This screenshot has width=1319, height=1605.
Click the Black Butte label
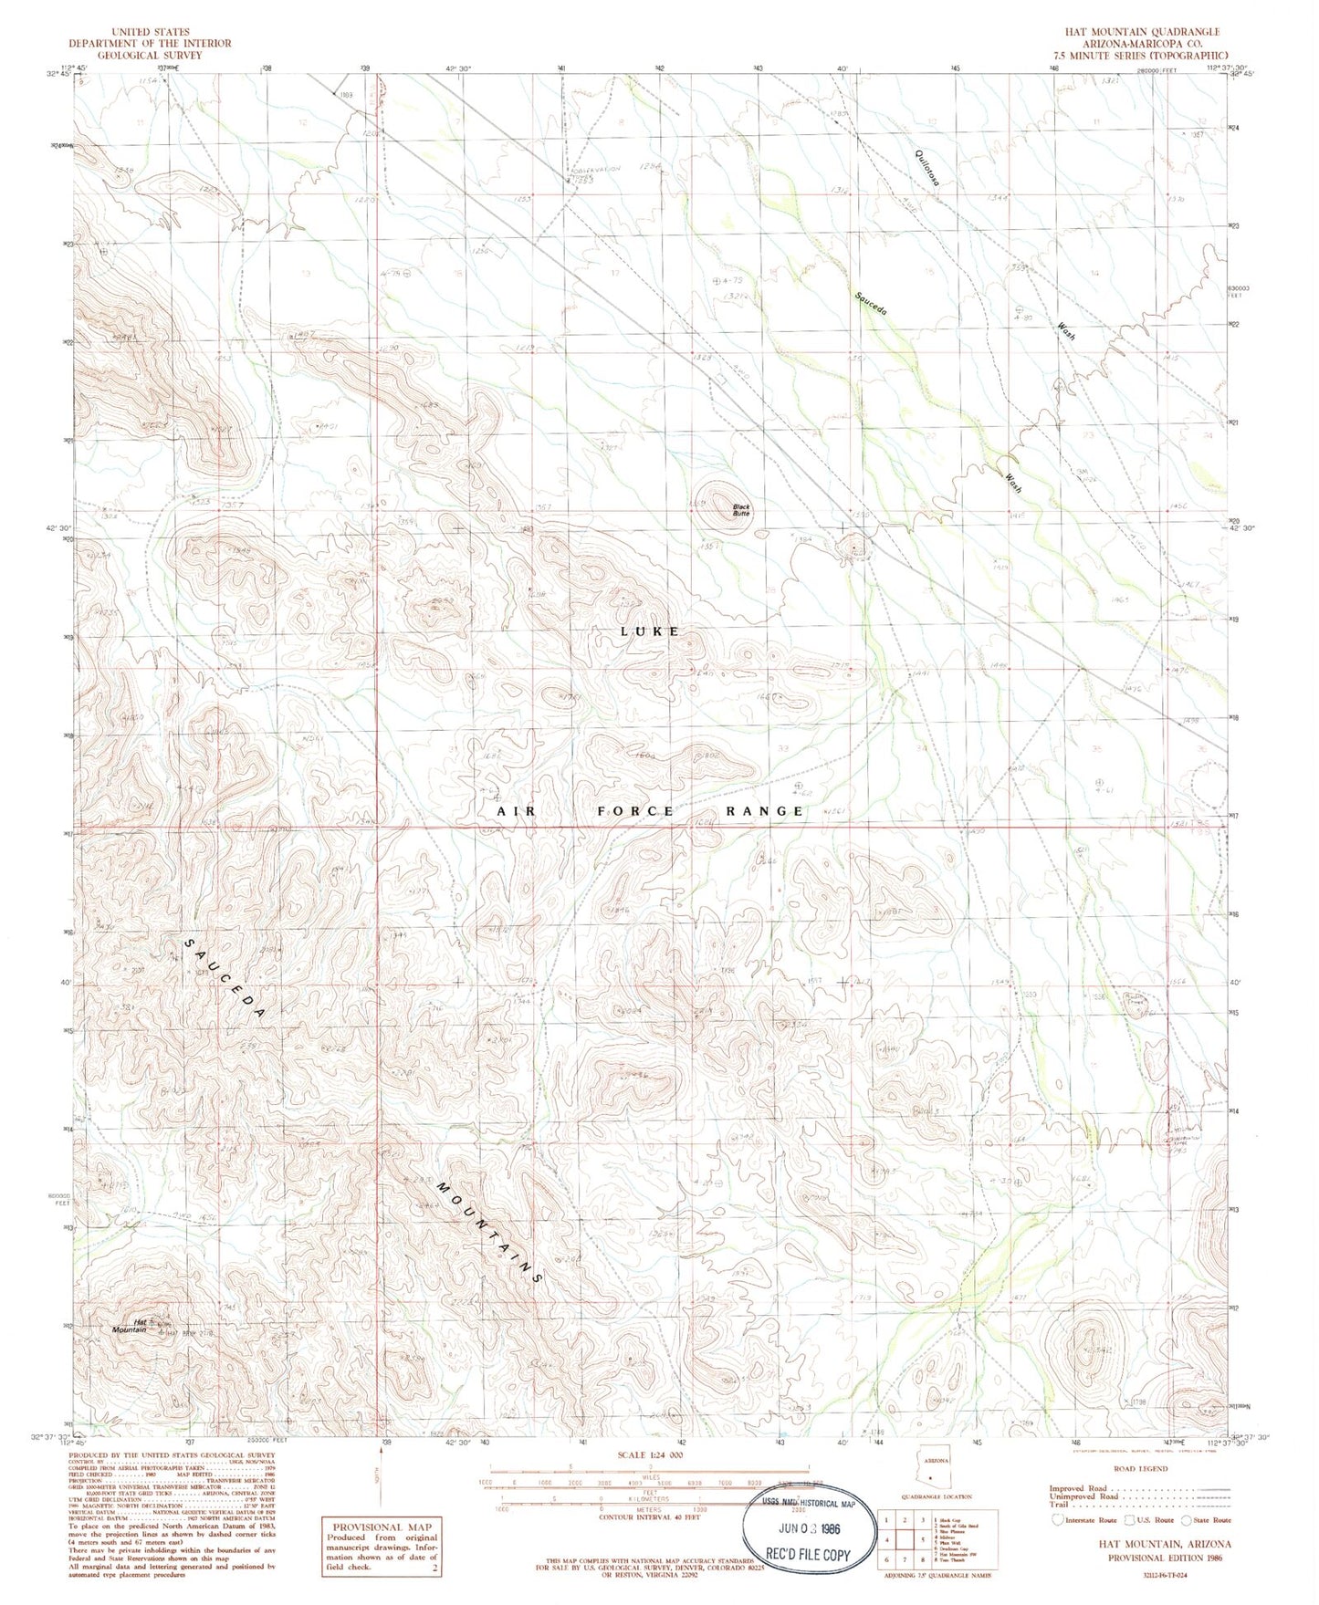tap(740, 510)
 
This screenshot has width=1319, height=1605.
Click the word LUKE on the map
tap(649, 631)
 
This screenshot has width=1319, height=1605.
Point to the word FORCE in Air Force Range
tap(635, 810)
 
